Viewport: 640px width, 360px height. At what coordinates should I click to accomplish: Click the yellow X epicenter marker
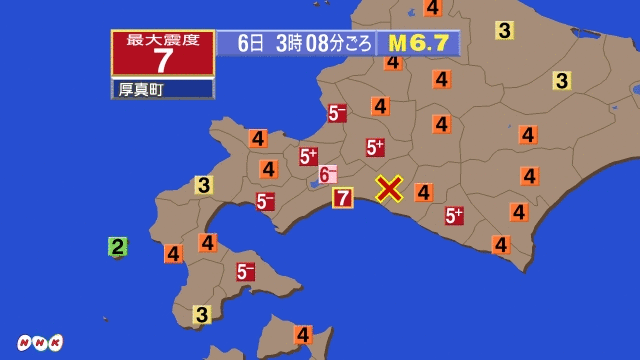coord(389,188)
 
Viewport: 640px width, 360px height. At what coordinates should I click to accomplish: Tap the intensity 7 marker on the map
coord(343,197)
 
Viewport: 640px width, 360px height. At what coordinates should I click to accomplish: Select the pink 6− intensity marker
coord(327,174)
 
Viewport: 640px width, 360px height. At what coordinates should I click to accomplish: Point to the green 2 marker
coord(117,246)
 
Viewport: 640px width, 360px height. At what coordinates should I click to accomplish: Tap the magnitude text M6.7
coord(417,43)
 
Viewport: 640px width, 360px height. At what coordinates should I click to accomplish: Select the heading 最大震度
coord(162,39)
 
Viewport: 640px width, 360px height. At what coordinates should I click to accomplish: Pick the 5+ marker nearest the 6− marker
coord(308,156)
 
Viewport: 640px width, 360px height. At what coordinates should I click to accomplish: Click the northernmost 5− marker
coord(337,113)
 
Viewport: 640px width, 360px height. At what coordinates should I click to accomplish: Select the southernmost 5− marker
coord(245,271)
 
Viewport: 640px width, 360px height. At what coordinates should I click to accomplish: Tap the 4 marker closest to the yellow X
coord(424,192)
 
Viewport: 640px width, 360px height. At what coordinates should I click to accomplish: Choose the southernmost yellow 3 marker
coord(201,315)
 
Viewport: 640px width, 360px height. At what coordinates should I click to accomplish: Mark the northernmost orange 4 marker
coord(432,7)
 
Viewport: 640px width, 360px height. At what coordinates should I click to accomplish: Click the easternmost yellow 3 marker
coord(562,80)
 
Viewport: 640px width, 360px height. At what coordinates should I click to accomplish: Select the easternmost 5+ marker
coord(454,215)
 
